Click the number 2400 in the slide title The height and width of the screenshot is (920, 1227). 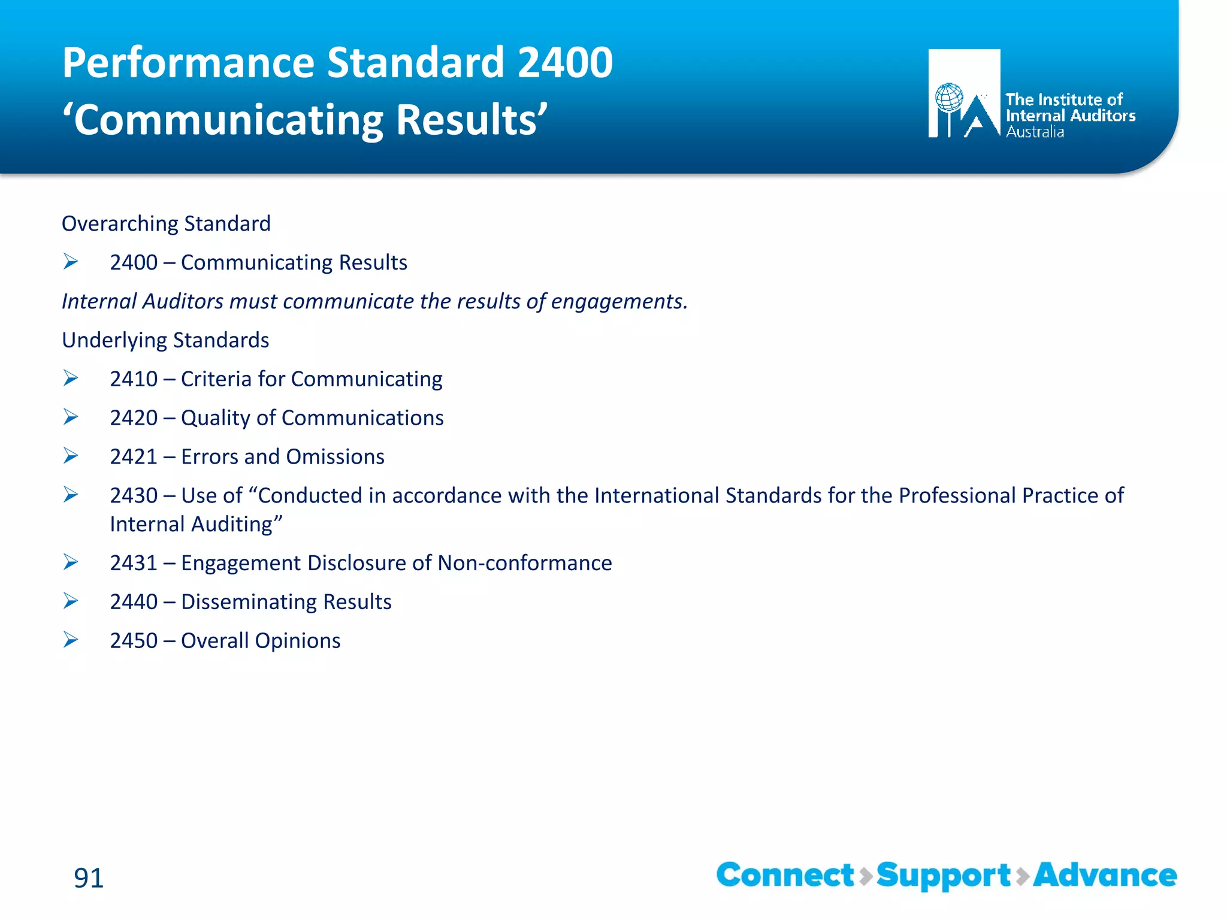point(564,63)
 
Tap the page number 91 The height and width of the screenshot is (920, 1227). point(89,877)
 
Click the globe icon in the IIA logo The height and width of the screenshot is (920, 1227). point(950,98)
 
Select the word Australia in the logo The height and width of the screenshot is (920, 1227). point(1035,132)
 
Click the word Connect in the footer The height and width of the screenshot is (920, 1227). point(785,875)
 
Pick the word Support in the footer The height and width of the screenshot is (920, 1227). point(944,876)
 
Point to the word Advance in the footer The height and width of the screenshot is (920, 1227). point(1105,875)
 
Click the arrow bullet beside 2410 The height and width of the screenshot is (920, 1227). point(71,378)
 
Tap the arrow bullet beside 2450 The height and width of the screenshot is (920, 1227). point(71,640)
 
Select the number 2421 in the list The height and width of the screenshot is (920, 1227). point(134,456)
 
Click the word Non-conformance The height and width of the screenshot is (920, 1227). point(524,562)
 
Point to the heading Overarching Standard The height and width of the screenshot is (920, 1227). point(166,223)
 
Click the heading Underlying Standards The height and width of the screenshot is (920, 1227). point(165,340)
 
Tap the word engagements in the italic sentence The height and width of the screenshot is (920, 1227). point(618,301)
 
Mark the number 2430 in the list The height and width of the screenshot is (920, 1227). point(134,495)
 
